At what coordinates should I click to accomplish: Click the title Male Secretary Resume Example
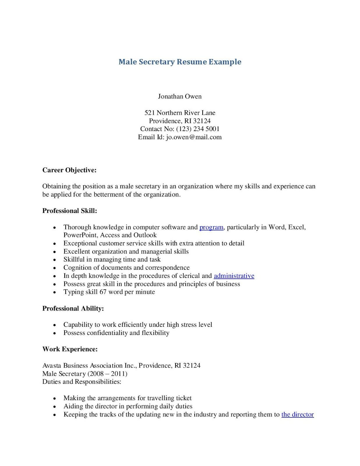pyautogui.click(x=180, y=62)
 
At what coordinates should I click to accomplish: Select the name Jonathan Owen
pyautogui.click(x=180, y=96)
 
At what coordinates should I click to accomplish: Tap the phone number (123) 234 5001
pyautogui.click(x=198, y=129)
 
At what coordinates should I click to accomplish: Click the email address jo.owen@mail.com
pyautogui.click(x=194, y=137)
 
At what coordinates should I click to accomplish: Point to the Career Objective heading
pyautogui.click(x=69, y=170)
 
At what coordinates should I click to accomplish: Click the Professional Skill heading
pyautogui.click(x=70, y=211)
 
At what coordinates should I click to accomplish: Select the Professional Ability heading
pyautogui.click(x=73, y=308)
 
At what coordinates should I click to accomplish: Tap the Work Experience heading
pyautogui.click(x=70, y=349)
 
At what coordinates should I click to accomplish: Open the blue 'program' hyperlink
pyautogui.click(x=211, y=227)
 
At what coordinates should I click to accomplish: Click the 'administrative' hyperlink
pyautogui.click(x=234, y=276)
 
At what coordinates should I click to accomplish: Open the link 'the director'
pyautogui.click(x=297, y=414)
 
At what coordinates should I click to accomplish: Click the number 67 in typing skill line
pyautogui.click(x=103, y=292)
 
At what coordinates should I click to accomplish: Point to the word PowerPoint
pyautogui.click(x=80, y=235)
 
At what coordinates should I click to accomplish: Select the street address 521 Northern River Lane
pyautogui.click(x=180, y=113)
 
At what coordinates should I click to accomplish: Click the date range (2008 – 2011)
pyautogui.click(x=107, y=374)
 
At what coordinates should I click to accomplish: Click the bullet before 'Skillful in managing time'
pyautogui.click(x=54, y=260)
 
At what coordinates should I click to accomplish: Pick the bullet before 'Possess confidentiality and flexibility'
pyautogui.click(x=54, y=333)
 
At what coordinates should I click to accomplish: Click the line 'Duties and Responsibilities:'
pyautogui.click(x=82, y=382)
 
